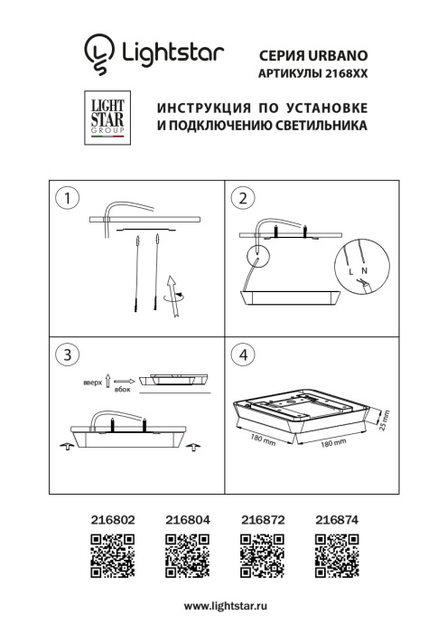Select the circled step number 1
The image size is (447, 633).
point(64,197)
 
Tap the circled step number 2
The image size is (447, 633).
point(241,197)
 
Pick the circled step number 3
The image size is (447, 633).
point(64,354)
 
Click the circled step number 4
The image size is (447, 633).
point(241,354)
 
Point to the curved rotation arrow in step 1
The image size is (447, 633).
point(176,296)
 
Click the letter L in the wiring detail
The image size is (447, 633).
point(350,270)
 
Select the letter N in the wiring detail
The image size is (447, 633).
point(364,270)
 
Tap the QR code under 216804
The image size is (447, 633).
point(187,555)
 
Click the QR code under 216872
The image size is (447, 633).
point(261,555)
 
